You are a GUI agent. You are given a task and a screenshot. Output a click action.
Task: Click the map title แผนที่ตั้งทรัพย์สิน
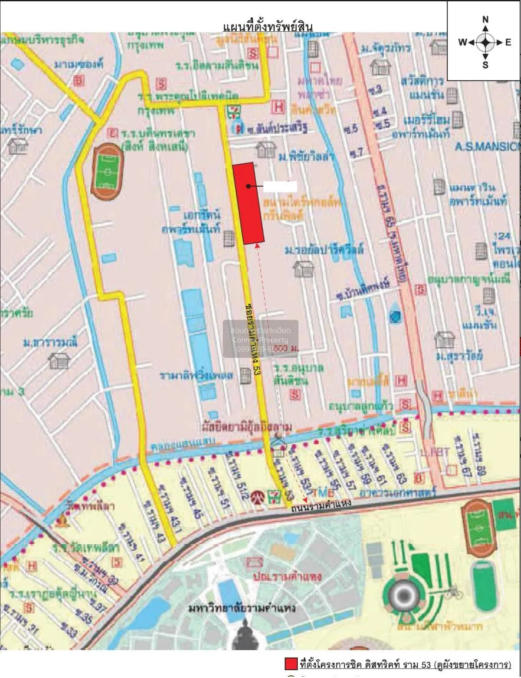267,26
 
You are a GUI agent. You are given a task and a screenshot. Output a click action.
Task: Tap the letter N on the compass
485,20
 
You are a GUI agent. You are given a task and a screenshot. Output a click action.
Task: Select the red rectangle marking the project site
248,203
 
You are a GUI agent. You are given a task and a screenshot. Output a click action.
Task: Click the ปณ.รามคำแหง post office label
287,576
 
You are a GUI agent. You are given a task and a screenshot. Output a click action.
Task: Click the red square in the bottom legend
290,664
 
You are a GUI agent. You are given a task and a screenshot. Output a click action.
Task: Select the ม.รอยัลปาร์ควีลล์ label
324,250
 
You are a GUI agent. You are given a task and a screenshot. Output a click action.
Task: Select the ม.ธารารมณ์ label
50,342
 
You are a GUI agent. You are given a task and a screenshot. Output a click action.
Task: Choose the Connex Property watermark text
260,340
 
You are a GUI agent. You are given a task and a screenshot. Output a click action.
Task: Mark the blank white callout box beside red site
280,187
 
